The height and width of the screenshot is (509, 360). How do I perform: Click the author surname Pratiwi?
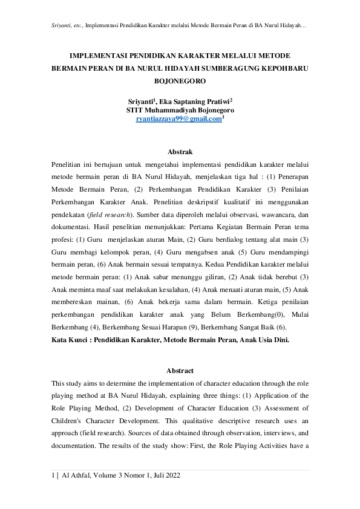click(x=215, y=102)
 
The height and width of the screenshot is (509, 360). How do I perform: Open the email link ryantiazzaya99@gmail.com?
click(x=179, y=119)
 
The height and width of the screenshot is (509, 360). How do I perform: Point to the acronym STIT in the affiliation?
click(x=136, y=111)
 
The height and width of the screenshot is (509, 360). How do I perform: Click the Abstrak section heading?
click(x=180, y=152)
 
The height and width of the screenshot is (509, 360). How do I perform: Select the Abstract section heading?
click(x=180, y=371)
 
